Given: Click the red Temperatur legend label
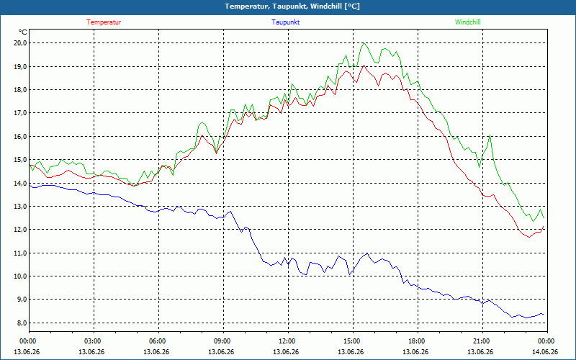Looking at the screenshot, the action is tap(104, 22).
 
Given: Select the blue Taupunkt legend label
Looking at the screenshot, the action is tap(285, 22).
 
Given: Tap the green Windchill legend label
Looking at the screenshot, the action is tap(467, 22).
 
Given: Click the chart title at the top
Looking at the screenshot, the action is tap(292, 6).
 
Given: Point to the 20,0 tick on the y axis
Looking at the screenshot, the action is tap(20, 43).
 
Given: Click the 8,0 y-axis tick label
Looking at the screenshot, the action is tap(20, 323).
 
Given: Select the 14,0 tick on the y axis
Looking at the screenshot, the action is tap(20, 183).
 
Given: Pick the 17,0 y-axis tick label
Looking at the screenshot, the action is tap(20, 113).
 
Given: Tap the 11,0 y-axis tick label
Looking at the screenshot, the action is tap(20, 253).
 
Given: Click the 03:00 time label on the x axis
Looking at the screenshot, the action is tap(92, 341).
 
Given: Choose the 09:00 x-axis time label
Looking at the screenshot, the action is tap(222, 341).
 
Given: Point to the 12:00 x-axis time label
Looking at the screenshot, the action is tap(286, 341).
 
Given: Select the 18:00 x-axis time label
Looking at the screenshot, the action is tap(416, 341).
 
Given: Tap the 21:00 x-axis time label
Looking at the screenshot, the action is tap(480, 341).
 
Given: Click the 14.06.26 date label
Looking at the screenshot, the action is tap(545, 351).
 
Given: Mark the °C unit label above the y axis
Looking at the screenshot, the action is tap(23, 32).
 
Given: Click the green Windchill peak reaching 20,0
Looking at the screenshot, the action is tap(364, 43).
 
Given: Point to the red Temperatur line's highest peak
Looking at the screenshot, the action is tap(364, 66).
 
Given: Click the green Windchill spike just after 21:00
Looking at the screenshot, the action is tap(490, 135).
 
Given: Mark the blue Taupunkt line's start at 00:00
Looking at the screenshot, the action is tap(30, 185).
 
